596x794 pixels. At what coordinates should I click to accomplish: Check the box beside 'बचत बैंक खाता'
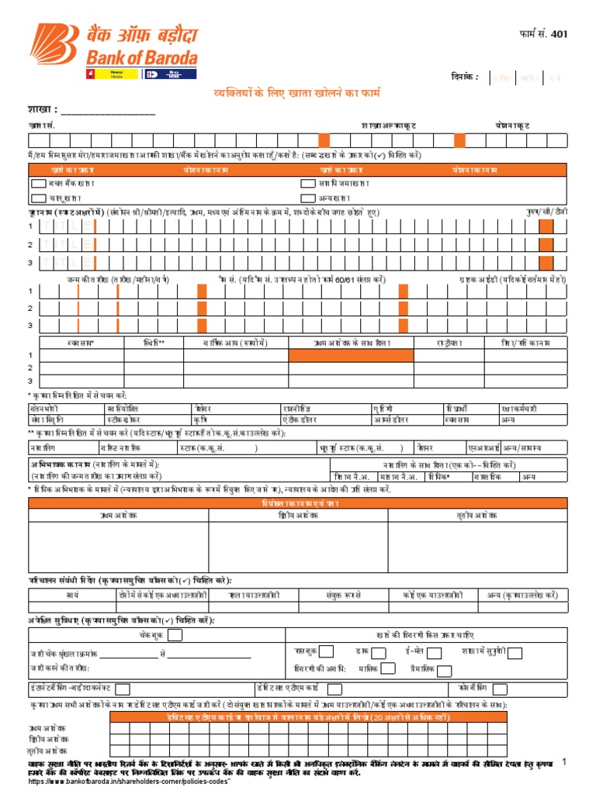point(38,184)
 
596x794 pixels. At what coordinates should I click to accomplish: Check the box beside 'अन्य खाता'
point(307,198)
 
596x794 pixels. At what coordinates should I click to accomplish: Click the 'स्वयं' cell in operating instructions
point(72,595)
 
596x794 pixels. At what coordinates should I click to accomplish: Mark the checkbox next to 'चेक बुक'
point(176,636)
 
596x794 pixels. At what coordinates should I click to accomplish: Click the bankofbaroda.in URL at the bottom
point(130,782)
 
